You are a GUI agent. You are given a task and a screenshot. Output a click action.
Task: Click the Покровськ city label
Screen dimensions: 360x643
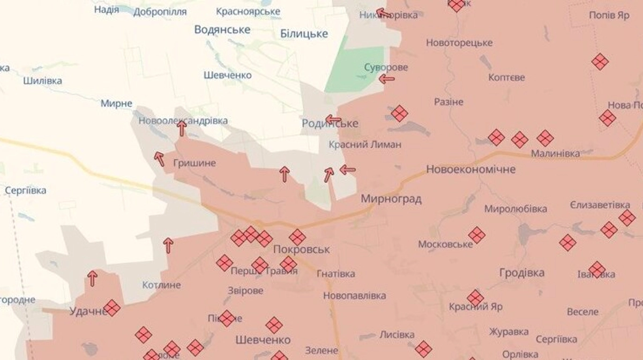301,250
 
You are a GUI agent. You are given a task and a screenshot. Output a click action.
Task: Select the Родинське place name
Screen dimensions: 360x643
330,124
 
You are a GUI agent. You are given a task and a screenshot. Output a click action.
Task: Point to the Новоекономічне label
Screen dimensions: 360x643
471,169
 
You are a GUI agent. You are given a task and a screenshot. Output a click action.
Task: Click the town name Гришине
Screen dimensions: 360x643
195,162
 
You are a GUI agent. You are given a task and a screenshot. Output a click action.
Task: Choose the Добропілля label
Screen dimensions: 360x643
160,11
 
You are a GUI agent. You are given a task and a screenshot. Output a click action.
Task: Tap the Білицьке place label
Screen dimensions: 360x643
304,34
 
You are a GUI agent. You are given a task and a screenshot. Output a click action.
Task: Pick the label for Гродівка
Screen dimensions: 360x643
522,272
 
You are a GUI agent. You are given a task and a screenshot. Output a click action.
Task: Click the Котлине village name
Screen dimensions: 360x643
161,284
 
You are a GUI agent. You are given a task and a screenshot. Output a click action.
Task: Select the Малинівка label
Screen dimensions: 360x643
555,154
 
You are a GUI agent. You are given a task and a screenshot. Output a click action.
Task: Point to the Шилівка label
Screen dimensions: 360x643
43,81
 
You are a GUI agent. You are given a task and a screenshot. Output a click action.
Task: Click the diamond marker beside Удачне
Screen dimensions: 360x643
112,307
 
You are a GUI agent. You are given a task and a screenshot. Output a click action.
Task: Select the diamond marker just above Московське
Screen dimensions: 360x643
476,235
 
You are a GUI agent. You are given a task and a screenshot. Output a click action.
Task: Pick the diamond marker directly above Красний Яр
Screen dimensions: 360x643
475,298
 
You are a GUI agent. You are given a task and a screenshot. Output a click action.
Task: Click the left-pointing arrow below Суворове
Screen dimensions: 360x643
386,79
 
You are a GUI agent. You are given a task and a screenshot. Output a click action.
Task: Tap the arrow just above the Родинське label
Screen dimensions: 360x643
333,119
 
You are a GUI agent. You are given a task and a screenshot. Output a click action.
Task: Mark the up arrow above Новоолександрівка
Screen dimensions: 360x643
182,128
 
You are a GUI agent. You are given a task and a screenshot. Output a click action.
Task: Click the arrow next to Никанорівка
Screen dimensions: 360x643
383,13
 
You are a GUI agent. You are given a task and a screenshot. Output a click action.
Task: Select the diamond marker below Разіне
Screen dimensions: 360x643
399,113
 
